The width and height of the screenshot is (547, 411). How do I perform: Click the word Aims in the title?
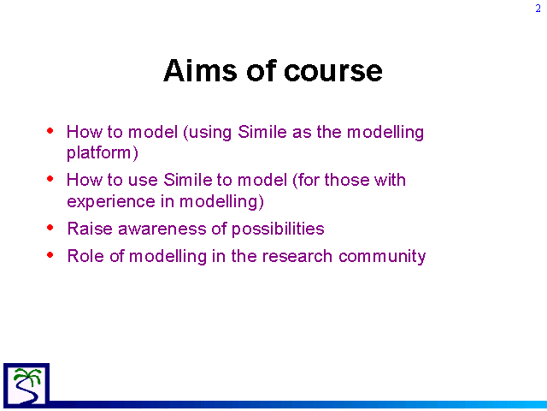tap(200, 70)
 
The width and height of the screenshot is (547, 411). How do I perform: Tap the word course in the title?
tap(333, 72)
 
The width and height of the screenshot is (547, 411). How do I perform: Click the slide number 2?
tap(538, 9)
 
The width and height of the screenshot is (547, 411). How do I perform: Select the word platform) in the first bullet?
tap(103, 153)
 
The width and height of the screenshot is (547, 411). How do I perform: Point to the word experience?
tap(111, 202)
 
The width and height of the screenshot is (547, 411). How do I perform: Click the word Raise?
tap(90, 229)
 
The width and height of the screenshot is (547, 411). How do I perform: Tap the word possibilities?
tap(278, 229)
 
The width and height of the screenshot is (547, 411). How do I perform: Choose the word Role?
tap(85, 256)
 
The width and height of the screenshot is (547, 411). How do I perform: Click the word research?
tap(297, 256)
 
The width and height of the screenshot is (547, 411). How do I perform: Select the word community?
tap(382, 257)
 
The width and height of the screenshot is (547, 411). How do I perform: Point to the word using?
tap(208, 133)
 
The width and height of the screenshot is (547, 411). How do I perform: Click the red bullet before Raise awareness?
tap(50, 228)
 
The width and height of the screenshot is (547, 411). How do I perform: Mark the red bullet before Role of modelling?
tap(50, 255)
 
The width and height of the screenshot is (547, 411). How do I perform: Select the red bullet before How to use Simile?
tap(50, 179)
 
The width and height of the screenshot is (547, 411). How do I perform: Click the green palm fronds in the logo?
tap(28, 376)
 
